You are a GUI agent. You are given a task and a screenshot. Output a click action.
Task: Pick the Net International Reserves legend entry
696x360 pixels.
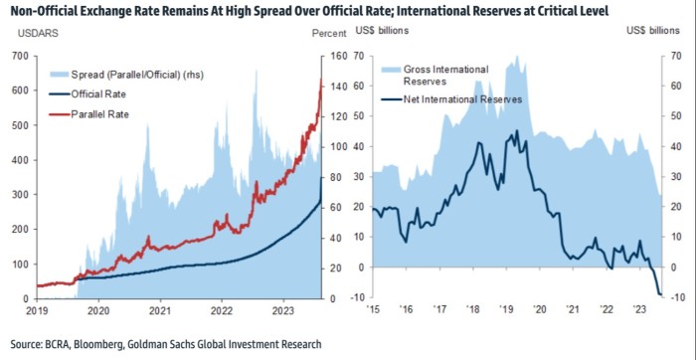451,99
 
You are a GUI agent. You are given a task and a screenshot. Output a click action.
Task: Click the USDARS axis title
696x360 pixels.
38,33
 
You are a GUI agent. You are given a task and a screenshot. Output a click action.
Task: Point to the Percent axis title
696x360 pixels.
329,33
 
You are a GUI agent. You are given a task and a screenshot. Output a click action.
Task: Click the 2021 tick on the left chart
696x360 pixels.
160,310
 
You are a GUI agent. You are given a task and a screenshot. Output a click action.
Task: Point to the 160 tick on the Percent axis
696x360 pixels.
335,56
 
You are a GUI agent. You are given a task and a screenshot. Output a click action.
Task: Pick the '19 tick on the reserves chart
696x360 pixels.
506,309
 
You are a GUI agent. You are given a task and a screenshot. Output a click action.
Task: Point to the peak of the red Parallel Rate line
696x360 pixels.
321,79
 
